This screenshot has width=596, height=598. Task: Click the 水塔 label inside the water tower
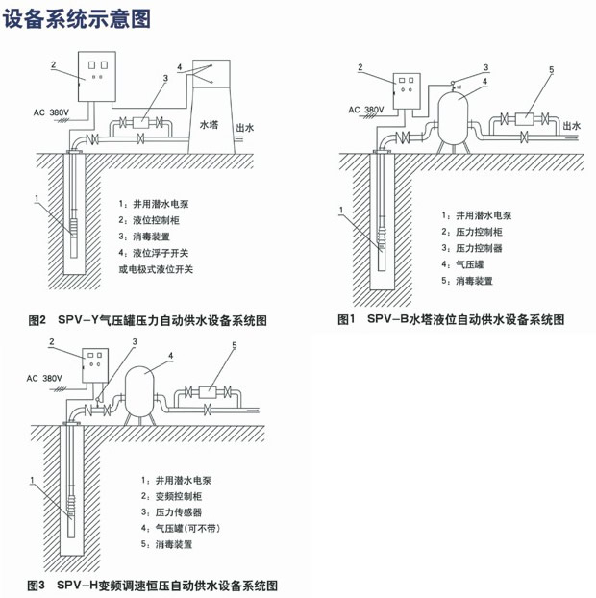pyautogui.click(x=211, y=124)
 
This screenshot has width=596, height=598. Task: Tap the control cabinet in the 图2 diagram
pyautogui.click(x=97, y=72)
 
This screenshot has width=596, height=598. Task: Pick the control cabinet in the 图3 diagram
pyautogui.click(x=95, y=368)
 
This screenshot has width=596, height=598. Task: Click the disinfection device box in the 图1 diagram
pyautogui.click(x=527, y=120)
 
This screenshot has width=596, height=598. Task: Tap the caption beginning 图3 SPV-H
pyautogui.click(x=153, y=584)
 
